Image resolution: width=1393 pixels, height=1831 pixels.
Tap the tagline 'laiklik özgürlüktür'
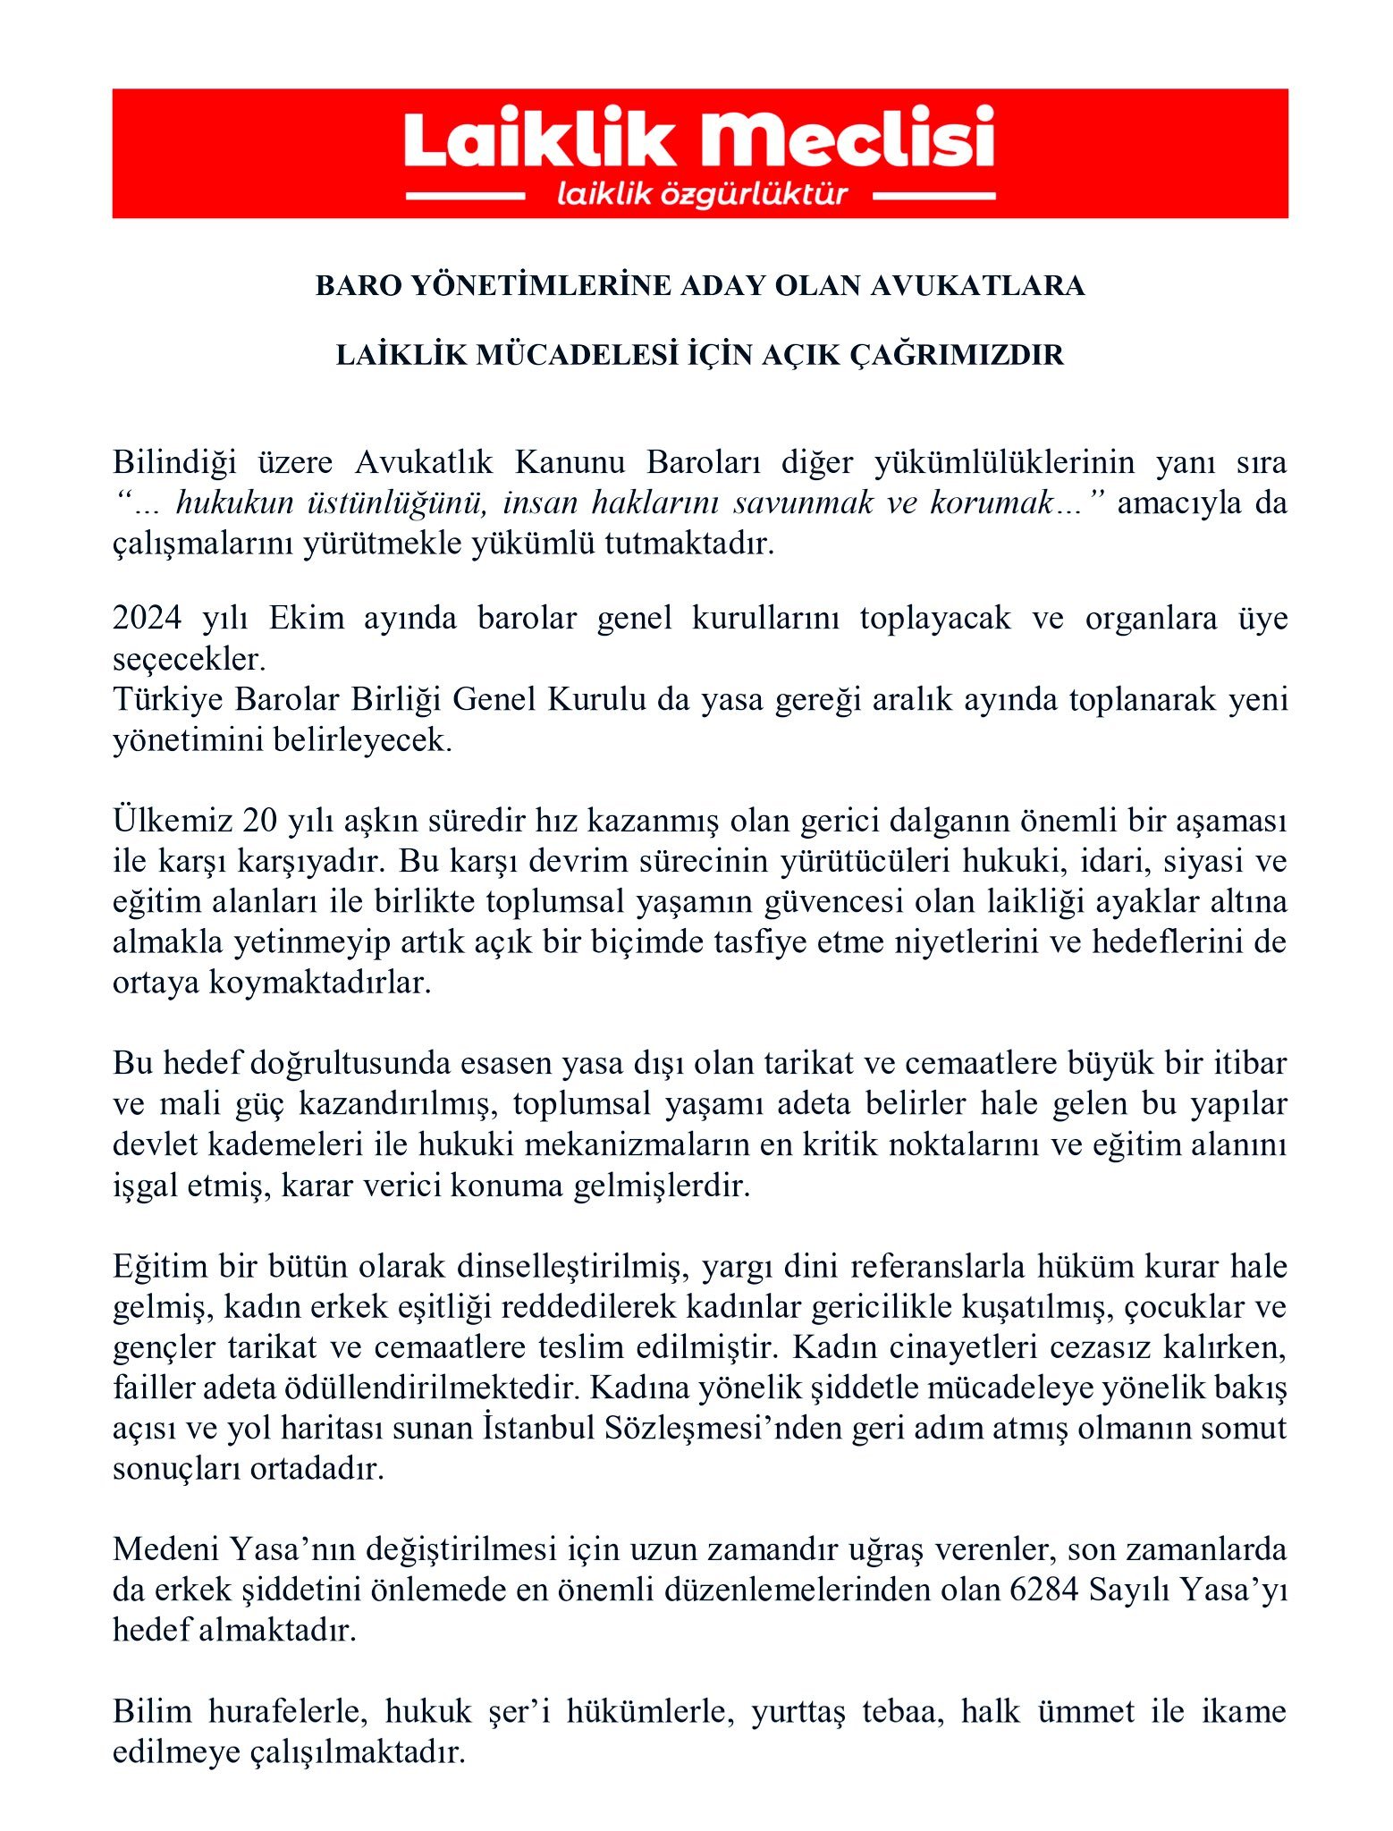702,194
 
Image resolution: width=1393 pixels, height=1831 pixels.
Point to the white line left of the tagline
465,195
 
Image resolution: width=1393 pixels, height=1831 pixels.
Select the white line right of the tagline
933,195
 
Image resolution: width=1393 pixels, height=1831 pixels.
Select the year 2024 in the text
148,619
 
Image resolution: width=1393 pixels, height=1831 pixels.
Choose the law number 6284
1043,1589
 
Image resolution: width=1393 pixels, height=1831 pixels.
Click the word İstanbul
537,1428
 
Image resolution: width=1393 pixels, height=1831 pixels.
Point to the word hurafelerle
288,1710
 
